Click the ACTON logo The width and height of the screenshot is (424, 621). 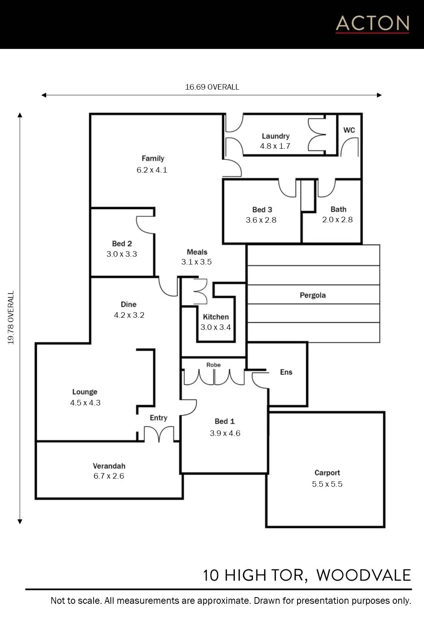(372, 24)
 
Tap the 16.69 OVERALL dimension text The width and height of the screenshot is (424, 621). (212, 87)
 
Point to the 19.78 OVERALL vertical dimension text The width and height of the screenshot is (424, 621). (11, 317)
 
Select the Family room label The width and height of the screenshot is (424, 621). (153, 158)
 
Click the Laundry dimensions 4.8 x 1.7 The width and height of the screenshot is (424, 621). (275, 146)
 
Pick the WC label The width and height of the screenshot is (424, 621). (349, 130)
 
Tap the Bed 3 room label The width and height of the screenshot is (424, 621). (262, 210)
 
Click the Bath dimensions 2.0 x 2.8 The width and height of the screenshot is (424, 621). (337, 220)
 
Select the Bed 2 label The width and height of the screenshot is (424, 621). (122, 243)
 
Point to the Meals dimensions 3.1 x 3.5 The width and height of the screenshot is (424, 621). (197, 262)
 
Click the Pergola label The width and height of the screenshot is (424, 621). (313, 295)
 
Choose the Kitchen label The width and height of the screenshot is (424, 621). (216, 317)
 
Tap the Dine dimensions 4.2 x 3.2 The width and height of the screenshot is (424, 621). (129, 315)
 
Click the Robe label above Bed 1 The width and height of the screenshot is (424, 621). (213, 365)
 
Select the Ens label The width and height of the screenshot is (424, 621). (286, 372)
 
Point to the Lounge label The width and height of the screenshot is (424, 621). (85, 392)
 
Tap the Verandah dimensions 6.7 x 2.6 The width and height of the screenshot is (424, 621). (109, 476)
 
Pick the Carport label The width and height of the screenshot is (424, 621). (327, 473)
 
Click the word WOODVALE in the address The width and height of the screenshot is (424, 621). (364, 575)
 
